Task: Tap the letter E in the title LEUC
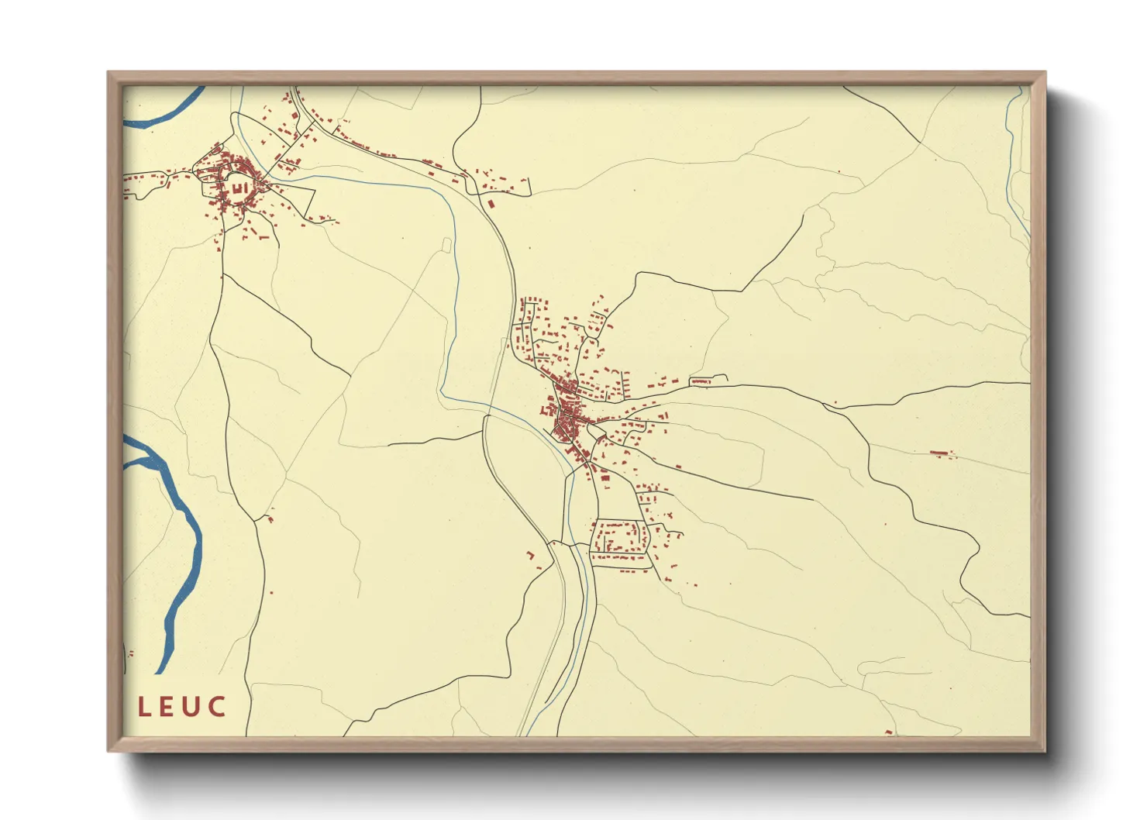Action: click(x=170, y=707)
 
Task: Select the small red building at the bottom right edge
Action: click(x=889, y=732)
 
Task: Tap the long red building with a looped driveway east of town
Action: click(x=701, y=381)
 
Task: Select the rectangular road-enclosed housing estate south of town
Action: click(x=619, y=537)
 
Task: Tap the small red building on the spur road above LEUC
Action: click(x=270, y=519)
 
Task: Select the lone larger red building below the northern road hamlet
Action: click(x=491, y=204)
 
